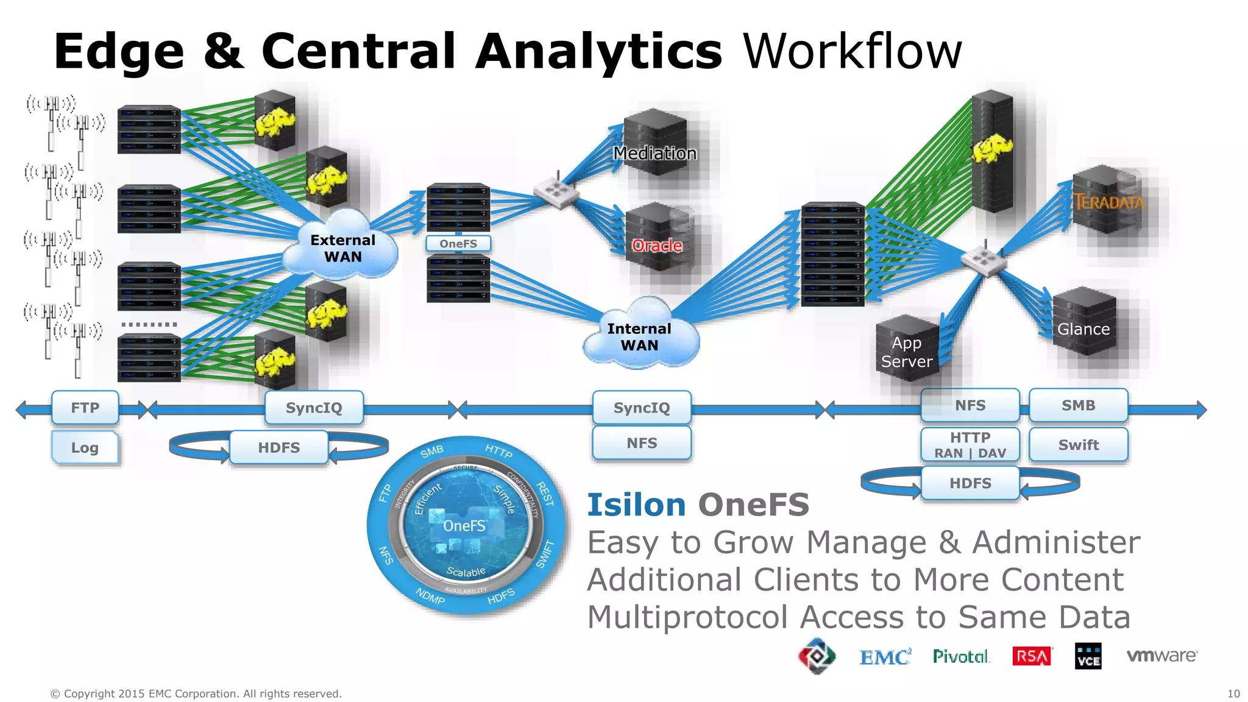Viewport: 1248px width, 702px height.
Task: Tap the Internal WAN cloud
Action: pyautogui.click(x=639, y=336)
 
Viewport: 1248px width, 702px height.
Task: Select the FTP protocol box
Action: pyautogui.click(x=85, y=408)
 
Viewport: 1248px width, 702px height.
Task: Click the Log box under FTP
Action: pyautogui.click(x=85, y=448)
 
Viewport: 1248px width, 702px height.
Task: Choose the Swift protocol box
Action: pyautogui.click(x=1078, y=445)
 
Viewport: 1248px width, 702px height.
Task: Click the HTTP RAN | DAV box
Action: pyautogui.click(x=970, y=445)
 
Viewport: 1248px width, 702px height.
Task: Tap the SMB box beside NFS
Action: pyautogui.click(x=1078, y=405)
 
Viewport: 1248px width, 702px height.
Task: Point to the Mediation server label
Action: pyautogui.click(x=654, y=153)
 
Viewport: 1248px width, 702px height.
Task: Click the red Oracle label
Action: pyautogui.click(x=657, y=246)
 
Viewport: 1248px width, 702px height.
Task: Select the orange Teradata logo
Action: pyautogui.click(x=1108, y=202)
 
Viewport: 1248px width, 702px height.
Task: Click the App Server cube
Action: pyautogui.click(x=907, y=350)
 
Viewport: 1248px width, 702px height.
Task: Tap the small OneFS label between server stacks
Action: pyautogui.click(x=458, y=244)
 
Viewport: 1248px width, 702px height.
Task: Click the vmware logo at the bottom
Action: pyautogui.click(x=1161, y=656)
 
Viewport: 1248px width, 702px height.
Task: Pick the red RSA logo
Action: pyautogui.click(x=1032, y=656)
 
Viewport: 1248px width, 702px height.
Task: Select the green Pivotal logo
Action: pyautogui.click(x=961, y=656)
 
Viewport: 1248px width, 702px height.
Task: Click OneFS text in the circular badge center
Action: pyautogui.click(x=464, y=526)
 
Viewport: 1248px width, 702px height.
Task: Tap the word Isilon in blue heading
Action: pyautogui.click(x=636, y=505)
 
